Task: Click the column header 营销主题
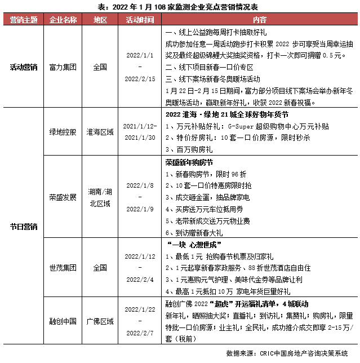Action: click(24, 20)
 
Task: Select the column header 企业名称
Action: click(63, 20)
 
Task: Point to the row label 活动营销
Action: click(24, 67)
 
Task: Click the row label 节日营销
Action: click(24, 226)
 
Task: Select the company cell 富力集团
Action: click(63, 67)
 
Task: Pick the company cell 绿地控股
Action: click(63, 132)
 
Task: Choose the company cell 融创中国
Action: click(63, 321)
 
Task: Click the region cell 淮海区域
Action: click(100, 132)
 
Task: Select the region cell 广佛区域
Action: click(100, 321)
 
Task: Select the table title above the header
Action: click(180, 7)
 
